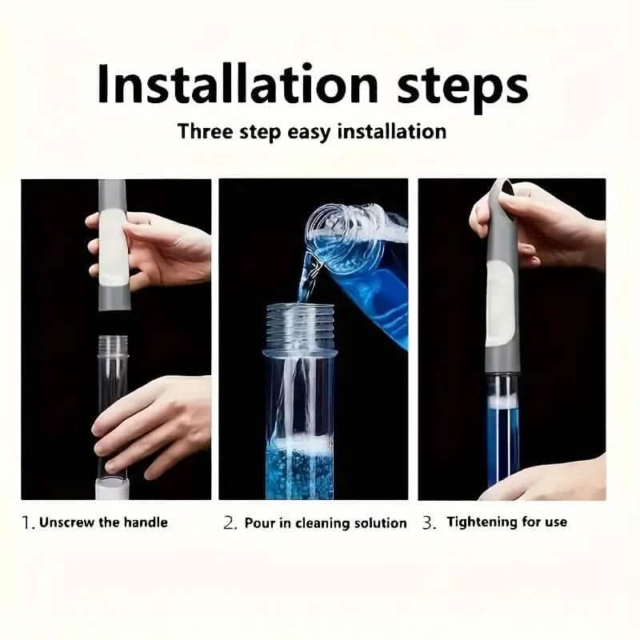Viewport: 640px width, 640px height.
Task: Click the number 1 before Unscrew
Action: click(x=27, y=522)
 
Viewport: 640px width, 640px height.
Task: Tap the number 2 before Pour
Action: click(x=230, y=523)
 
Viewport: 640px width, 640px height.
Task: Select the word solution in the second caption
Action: click(x=378, y=523)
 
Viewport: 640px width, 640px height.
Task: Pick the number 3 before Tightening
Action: click(x=429, y=522)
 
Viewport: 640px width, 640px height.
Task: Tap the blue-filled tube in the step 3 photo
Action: click(x=502, y=432)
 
